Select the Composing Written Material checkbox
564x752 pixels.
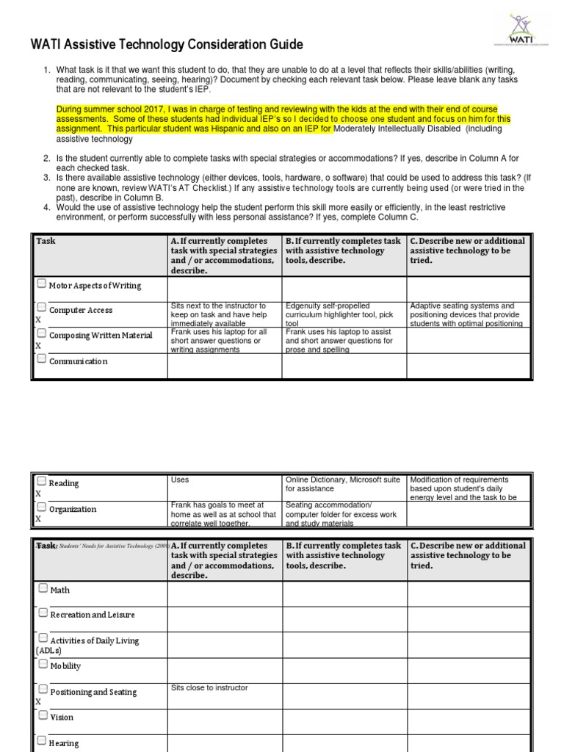42,334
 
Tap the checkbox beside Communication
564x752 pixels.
42,359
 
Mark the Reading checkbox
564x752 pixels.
42,482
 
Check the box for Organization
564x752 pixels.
42,507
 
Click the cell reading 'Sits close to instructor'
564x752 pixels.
209,688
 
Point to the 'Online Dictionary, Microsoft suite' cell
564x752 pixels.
344,484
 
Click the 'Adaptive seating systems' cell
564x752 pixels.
467,314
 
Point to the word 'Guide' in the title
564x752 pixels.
285,46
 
